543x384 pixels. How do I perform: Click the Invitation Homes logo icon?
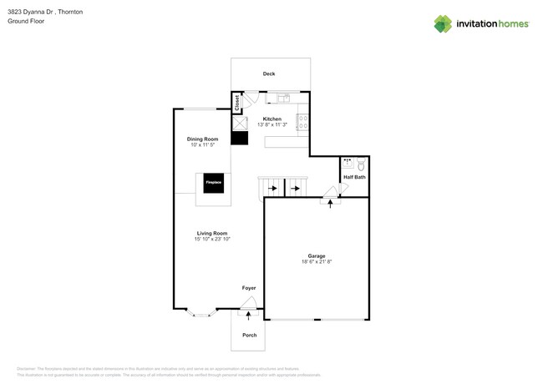[x=443, y=23]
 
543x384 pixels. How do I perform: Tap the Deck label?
[x=269, y=74]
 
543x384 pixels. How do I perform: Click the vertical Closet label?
[x=237, y=103]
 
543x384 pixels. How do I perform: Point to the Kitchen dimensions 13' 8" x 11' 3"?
[x=272, y=125]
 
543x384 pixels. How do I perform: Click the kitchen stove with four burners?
[x=303, y=122]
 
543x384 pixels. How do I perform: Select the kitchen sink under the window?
[x=283, y=99]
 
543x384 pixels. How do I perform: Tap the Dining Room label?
[x=202, y=139]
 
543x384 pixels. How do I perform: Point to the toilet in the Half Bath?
[x=361, y=164]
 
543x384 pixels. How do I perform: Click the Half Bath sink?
[x=348, y=163]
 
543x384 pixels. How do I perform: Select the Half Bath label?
[x=354, y=177]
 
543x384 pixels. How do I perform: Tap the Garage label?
[x=317, y=256]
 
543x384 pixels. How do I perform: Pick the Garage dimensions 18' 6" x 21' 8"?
[x=317, y=262]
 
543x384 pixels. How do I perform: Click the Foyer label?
[x=249, y=288]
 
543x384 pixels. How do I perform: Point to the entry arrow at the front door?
[x=248, y=315]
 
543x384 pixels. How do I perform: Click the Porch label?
[x=249, y=335]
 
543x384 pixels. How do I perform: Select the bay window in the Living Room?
[x=200, y=313]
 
